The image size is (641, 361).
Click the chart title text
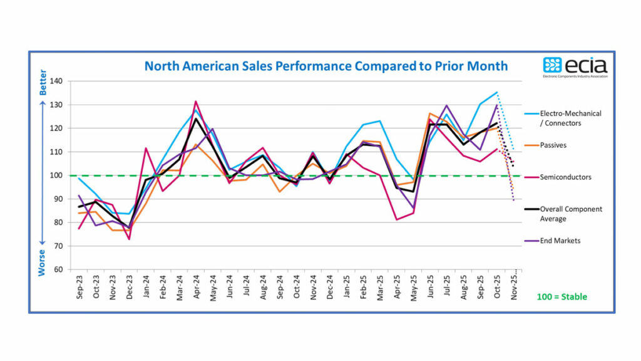point(326,66)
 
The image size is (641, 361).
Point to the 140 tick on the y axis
point(58,81)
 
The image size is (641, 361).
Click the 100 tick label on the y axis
point(58,175)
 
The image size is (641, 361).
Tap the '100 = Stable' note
point(562,296)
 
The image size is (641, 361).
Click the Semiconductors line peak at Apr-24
point(196,101)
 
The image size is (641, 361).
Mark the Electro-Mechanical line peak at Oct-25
point(497,92)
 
